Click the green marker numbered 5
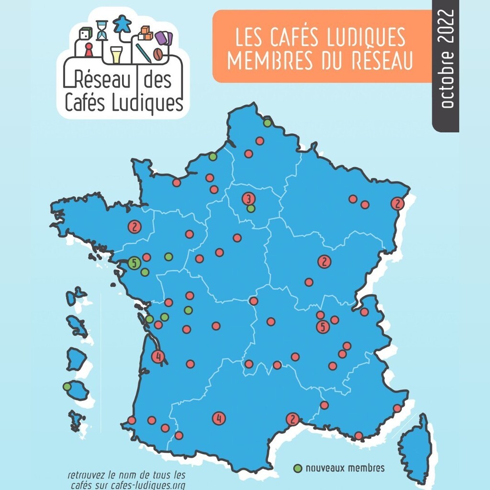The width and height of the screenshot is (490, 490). (134, 263)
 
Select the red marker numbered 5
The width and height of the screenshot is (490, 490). (323, 327)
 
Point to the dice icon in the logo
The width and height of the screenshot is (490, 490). (85, 34)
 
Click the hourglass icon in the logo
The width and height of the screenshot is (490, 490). (102, 30)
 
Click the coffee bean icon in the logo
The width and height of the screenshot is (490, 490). (156, 53)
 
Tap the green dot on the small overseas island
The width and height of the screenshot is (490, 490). (67, 386)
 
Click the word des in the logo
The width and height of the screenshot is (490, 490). (157, 81)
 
